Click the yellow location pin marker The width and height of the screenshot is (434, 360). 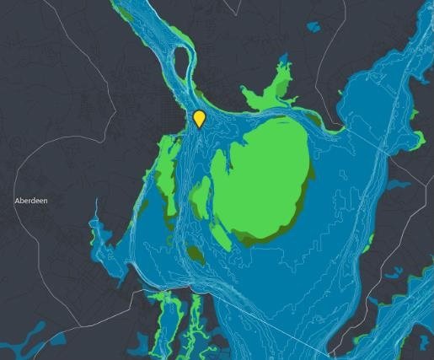pyautogui.click(x=200, y=118)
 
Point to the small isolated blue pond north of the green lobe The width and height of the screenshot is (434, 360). pyautogui.click(x=314, y=27)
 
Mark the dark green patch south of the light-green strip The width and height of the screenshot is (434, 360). pyautogui.click(x=196, y=255)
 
